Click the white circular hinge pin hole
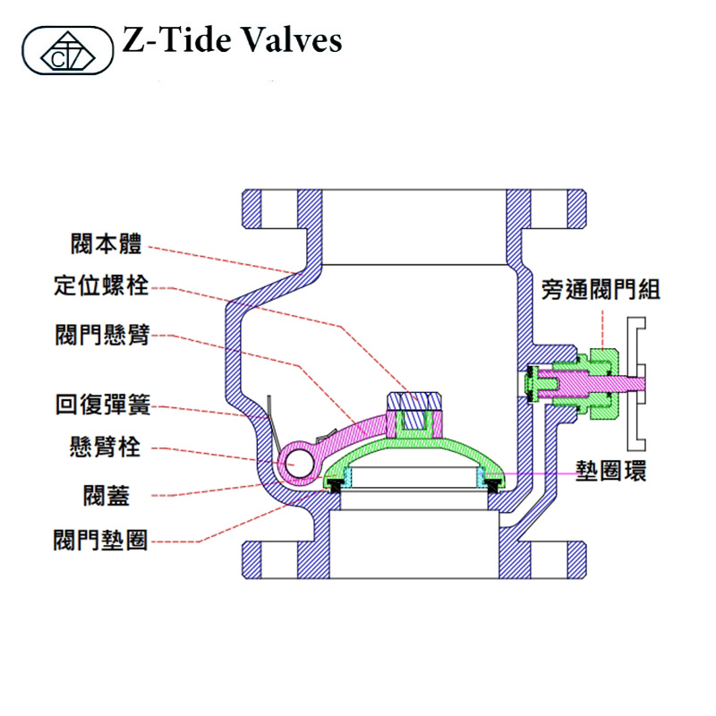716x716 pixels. coord(299,463)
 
